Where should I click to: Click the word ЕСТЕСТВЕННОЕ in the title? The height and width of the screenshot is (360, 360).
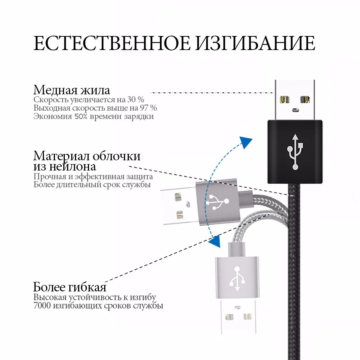112,44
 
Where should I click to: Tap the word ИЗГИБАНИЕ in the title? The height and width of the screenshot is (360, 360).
255,44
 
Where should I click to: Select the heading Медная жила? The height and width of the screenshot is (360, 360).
72,90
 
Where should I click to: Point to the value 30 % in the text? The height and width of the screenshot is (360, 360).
135,100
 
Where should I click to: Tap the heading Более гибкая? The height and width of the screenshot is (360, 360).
70,287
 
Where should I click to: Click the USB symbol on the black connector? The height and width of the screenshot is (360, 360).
295,151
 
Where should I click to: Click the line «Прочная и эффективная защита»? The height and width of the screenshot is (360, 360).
93,177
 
